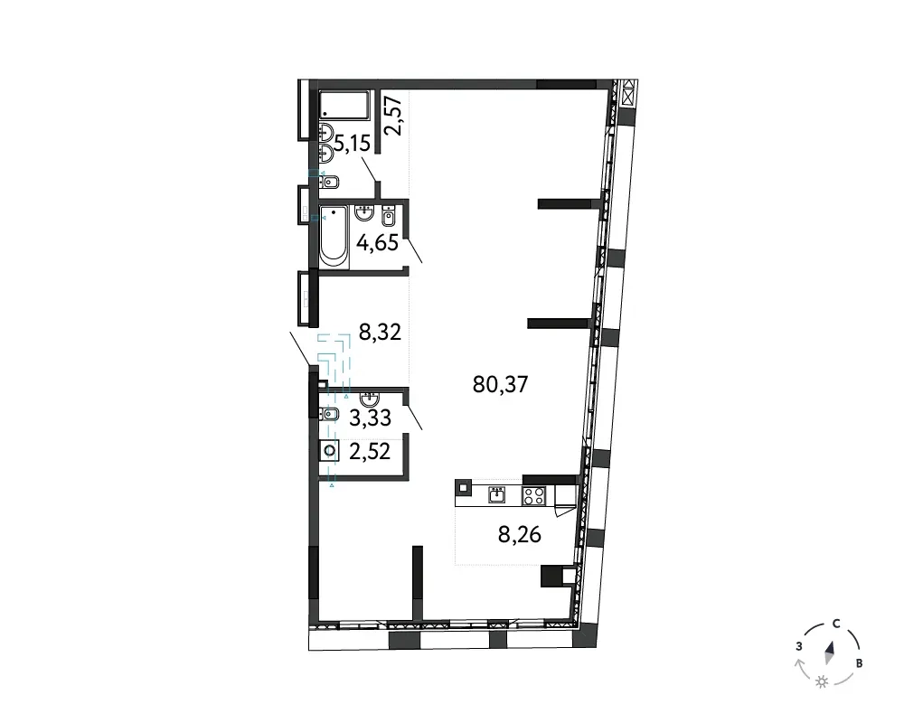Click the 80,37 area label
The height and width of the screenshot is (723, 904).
coord(501,384)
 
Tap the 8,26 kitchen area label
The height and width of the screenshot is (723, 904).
coord(520,535)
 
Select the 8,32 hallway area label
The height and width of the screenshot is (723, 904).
coord(380,332)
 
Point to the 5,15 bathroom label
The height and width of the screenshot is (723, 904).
coord(352,143)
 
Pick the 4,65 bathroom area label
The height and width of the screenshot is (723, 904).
coord(378,243)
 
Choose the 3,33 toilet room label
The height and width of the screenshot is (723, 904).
coord(370,418)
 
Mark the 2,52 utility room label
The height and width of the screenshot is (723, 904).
coord(370,451)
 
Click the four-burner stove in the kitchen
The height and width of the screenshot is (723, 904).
coord(533,496)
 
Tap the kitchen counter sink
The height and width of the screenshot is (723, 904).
coord(497,495)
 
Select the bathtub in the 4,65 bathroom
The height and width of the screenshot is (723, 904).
coord(334,237)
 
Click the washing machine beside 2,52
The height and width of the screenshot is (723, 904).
coord(330,450)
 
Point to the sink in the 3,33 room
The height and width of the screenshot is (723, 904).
coord(369,399)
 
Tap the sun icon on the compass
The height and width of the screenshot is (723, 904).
coord(822,682)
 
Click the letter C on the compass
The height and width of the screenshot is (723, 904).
coord(836,624)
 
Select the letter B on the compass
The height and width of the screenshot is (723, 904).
coord(859,663)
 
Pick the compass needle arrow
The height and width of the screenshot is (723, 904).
coord(830,653)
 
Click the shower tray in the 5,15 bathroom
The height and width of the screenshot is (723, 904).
coord(344,105)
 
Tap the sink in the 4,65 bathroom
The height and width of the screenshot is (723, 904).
coord(364,212)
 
